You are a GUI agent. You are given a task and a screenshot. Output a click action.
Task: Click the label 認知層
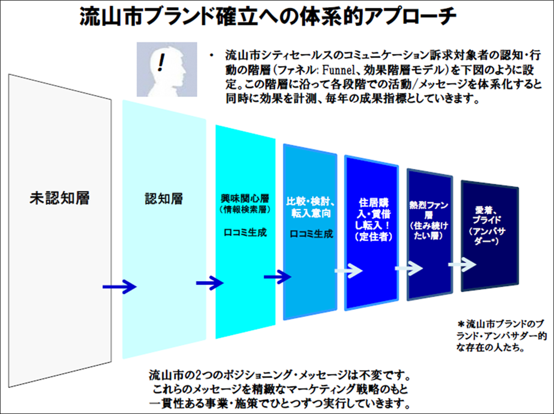[163, 198]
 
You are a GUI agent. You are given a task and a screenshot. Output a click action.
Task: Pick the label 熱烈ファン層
[429, 211]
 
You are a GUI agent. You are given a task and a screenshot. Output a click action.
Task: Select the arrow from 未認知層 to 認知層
[119, 287]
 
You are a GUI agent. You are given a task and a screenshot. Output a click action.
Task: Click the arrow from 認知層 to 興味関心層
[210, 283]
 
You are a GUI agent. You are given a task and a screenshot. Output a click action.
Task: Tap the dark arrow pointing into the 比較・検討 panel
[278, 276]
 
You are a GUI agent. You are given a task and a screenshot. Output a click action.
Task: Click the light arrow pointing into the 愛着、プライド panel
[461, 265]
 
